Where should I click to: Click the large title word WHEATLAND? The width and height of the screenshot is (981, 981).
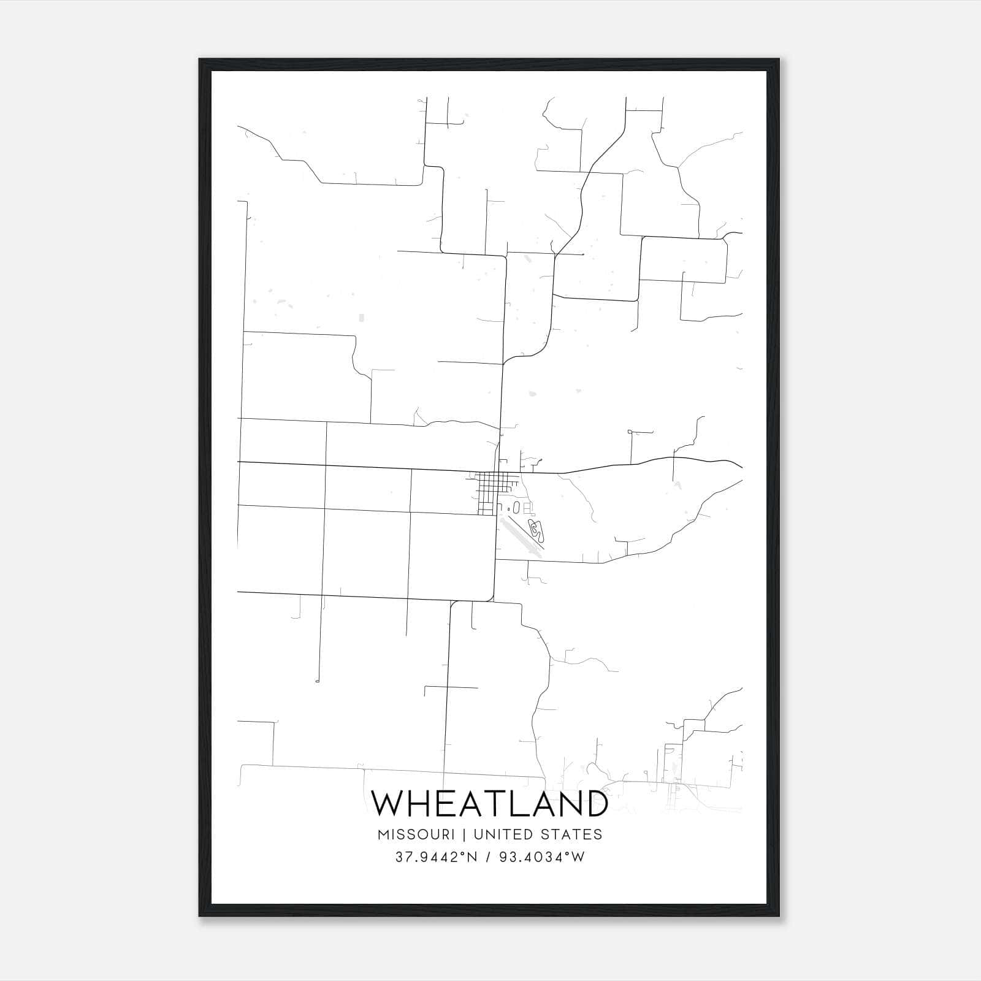click(490, 803)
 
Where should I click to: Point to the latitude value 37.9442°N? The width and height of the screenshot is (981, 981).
click(436, 857)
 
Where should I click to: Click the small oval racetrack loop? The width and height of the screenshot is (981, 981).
click(516, 507)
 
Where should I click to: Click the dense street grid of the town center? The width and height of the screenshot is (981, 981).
click(490, 487)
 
